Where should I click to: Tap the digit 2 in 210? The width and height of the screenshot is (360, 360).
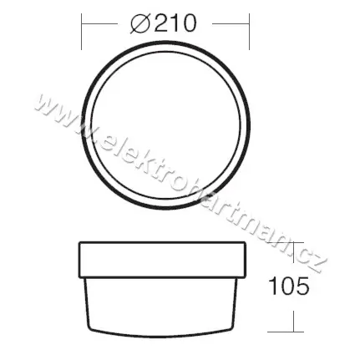click(161, 23)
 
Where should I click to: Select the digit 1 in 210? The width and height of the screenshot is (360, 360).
click(175, 23)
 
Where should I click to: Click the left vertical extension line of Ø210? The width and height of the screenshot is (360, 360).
click(81, 32)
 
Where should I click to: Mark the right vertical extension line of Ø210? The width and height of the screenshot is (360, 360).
click(249, 32)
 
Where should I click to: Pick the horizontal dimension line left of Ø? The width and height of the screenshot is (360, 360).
click(99, 24)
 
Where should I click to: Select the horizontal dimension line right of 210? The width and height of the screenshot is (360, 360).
click(231, 24)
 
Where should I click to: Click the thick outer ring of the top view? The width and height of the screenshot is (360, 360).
click(165, 43)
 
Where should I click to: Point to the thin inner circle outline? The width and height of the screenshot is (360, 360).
click(165, 52)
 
